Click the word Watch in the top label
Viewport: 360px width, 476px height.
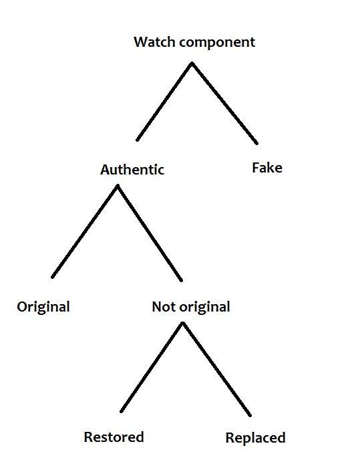154,42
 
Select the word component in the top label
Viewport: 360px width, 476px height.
217,43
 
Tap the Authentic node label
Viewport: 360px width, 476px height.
132,169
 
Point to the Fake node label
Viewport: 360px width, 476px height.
267,168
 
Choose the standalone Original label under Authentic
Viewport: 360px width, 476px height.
43,308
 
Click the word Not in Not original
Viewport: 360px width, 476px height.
164,307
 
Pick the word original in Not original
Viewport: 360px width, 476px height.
205,308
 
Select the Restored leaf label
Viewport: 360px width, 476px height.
114,437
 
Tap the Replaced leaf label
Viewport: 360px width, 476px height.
255,439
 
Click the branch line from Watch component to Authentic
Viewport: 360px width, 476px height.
164,102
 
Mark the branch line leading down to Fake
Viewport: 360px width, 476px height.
224,103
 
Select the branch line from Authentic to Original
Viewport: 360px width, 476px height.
85,231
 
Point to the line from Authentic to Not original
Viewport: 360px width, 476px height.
150,233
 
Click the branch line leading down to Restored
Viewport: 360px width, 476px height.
152,367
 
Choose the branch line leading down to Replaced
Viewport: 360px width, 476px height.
216,369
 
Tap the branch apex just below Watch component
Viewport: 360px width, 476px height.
192,63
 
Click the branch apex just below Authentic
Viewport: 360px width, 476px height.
118,185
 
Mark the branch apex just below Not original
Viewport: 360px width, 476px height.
182,323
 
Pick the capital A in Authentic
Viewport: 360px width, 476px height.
106,170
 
